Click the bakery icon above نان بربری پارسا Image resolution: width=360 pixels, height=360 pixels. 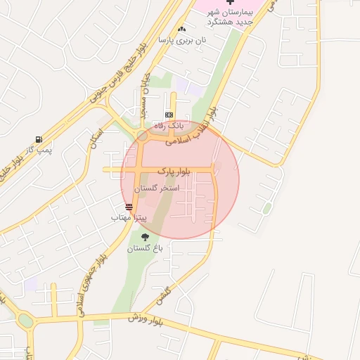tap(182, 29)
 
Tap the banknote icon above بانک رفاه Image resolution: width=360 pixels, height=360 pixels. tap(169, 114)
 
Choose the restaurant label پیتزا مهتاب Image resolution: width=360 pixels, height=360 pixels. tap(129, 218)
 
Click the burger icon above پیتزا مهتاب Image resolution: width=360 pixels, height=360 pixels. tap(129, 207)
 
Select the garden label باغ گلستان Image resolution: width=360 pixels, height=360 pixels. tap(145, 248)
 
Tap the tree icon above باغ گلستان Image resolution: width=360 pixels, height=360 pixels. tap(145, 237)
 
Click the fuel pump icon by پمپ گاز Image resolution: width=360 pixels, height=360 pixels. tap(38, 139)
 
